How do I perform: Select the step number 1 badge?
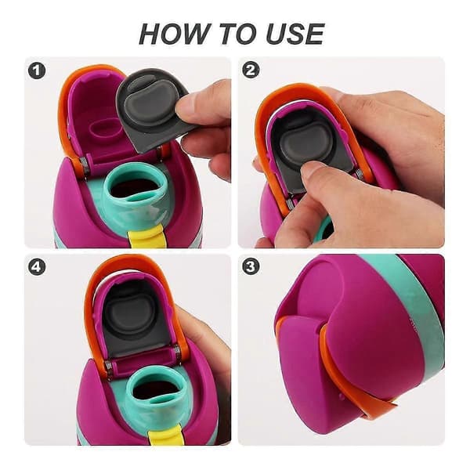pos(37,71)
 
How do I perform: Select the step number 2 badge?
pos(251,70)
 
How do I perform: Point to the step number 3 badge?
pos(251,267)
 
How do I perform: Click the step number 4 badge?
pos(37,267)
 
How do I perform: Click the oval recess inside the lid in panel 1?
pos(104,129)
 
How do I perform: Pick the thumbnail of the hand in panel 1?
pos(183,107)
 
